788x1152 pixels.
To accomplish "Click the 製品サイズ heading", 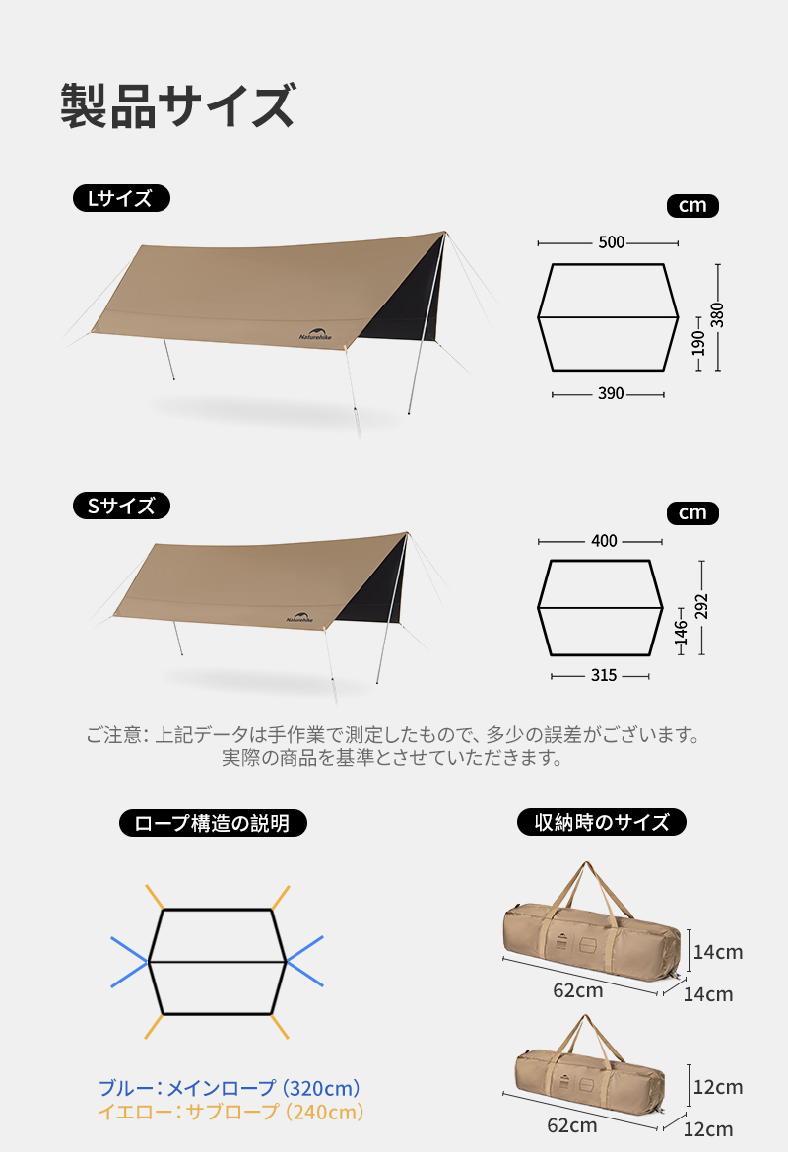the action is coord(177,105).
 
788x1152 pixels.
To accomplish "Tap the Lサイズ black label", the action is coord(121,198).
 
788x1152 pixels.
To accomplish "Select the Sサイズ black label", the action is coord(121,506).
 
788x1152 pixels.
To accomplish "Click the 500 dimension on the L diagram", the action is coord(611,242).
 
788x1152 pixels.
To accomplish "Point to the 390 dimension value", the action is coord(611,394).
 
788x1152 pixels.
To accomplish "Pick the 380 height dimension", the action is coord(717,315).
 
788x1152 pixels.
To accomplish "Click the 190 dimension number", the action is coord(697,343).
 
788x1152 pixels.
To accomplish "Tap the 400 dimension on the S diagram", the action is coord(604,541).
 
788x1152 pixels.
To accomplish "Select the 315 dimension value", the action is coord(604,676).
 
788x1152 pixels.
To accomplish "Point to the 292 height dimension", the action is coord(701,607).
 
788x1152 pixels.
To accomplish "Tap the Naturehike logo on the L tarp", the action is coord(315,334).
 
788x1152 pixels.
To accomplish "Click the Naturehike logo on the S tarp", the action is coord(299,618).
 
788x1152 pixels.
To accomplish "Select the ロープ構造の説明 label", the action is coord(213,823).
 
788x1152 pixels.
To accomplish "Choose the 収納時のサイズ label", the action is coord(602,822).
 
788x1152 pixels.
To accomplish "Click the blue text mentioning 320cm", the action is coord(230,1088).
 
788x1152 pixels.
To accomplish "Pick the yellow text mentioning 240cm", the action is coord(231,1112).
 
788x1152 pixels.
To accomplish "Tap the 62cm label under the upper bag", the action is coord(578,990).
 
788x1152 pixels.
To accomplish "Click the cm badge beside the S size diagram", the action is coord(692,512).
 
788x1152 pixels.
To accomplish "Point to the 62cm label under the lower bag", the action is coord(572,1125).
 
